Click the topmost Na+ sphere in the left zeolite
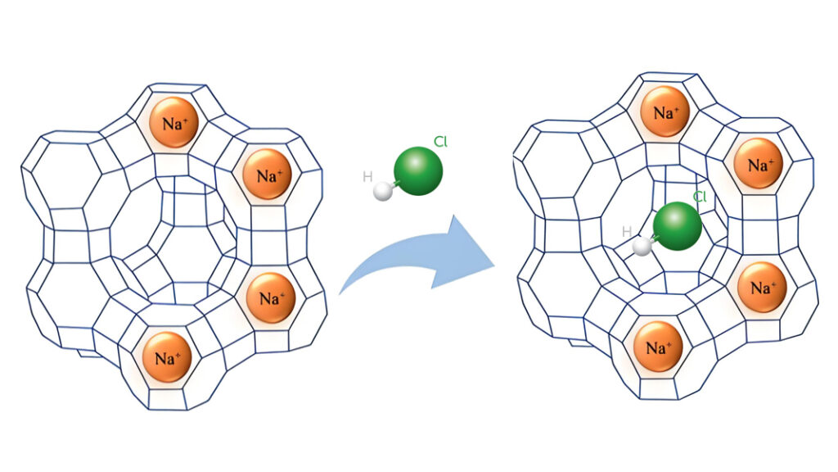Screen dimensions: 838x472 point(174,123)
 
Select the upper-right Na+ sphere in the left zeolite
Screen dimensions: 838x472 point(268,175)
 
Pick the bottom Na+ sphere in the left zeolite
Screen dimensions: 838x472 point(167,357)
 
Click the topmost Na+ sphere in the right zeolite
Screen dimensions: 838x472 point(665,111)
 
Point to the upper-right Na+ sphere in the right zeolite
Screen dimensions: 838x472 point(759,164)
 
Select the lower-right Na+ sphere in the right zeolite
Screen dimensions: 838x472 point(762,287)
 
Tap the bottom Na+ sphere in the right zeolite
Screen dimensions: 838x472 point(659,347)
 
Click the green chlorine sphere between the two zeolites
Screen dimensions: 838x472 point(418,171)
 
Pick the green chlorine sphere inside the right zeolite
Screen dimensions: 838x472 point(677,226)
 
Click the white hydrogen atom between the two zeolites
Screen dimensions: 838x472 point(383,191)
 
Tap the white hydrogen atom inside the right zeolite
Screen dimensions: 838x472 point(642,246)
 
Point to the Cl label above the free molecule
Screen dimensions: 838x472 point(440,141)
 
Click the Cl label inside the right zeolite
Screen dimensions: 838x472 point(700,197)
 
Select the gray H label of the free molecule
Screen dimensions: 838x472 point(367,177)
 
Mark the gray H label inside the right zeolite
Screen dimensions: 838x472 point(627,232)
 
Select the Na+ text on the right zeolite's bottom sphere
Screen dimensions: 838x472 point(660,347)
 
